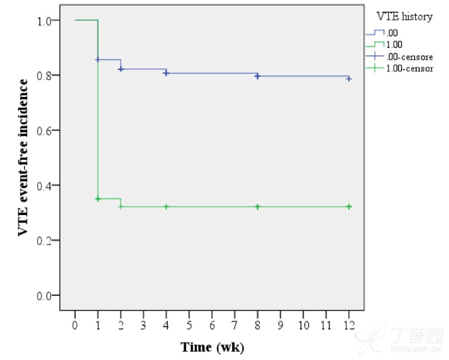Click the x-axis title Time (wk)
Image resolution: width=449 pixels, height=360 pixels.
click(x=212, y=347)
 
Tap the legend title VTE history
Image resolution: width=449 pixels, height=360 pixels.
click(x=404, y=17)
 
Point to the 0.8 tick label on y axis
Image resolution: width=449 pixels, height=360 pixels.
click(x=45, y=76)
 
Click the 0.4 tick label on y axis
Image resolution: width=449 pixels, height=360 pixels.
click(x=45, y=185)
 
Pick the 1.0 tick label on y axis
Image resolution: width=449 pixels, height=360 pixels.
click(x=45, y=20)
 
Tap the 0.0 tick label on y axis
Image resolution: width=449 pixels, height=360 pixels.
click(x=45, y=296)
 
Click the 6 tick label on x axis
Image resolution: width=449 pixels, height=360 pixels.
click(x=212, y=325)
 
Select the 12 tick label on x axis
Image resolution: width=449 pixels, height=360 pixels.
click(x=349, y=325)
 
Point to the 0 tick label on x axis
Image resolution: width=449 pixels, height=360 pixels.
click(x=75, y=325)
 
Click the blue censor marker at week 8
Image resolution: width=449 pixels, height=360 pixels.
click(x=258, y=76)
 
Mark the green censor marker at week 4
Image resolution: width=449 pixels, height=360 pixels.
click(x=166, y=207)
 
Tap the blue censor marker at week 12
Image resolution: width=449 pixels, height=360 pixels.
click(x=349, y=79)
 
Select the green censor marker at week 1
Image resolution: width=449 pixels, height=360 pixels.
click(x=98, y=198)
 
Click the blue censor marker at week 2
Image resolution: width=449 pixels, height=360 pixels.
click(x=121, y=69)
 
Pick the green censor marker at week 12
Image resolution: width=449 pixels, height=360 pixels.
click(x=349, y=207)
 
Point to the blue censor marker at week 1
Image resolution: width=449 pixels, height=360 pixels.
click(x=98, y=59)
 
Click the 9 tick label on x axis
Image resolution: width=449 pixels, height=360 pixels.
click(x=280, y=325)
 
